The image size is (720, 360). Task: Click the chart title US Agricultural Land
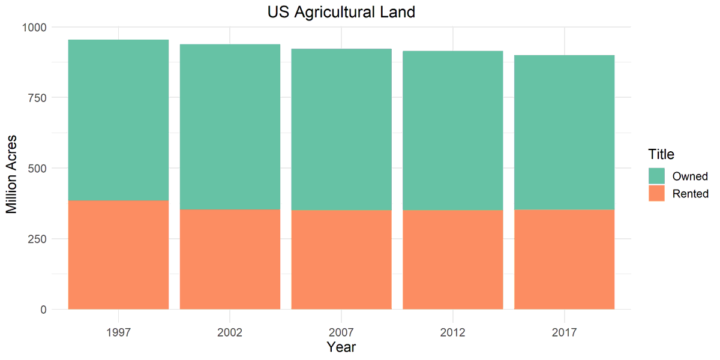(341, 12)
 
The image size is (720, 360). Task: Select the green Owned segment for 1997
(118, 120)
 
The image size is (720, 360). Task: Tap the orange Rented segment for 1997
(118, 255)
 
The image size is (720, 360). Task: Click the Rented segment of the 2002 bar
(230, 259)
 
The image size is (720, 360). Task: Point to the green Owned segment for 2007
(341, 130)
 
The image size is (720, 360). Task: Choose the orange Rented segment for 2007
(341, 260)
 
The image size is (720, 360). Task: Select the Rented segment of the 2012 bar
(453, 260)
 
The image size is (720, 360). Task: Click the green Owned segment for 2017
(564, 133)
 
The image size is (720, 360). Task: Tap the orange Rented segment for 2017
(564, 259)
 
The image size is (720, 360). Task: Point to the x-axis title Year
(341, 347)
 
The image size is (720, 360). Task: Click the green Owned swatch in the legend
(656, 176)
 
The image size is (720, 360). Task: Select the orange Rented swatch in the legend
(656, 193)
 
